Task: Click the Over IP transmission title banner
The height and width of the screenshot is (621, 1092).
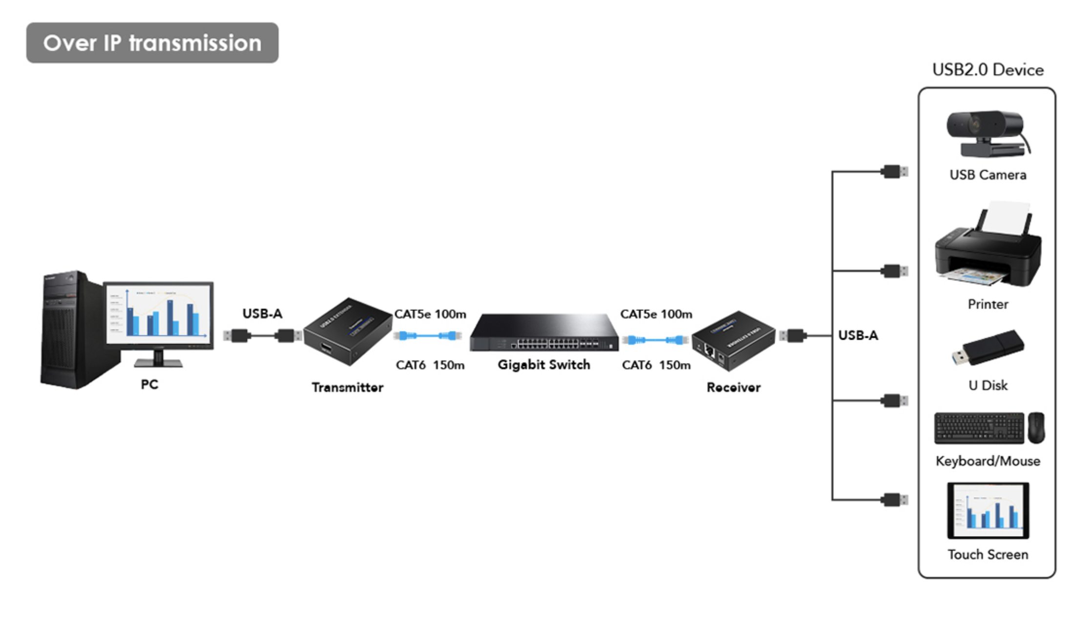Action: [152, 43]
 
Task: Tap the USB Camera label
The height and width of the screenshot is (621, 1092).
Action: [987, 175]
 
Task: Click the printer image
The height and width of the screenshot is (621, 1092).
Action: [987, 249]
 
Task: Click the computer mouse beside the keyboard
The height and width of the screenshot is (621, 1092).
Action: [1036, 428]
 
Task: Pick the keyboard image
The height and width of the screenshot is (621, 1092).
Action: [979, 428]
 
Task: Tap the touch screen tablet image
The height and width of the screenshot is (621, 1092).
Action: [987, 511]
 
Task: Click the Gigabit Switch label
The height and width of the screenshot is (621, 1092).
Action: [544, 365]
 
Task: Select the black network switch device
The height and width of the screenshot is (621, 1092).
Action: [544, 333]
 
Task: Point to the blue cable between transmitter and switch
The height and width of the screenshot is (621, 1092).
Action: [428, 335]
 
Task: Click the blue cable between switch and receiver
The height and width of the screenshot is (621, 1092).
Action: [655, 340]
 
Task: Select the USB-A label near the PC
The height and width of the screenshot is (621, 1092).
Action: [262, 313]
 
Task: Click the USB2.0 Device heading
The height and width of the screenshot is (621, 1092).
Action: [987, 70]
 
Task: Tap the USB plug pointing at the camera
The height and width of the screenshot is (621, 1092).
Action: [894, 172]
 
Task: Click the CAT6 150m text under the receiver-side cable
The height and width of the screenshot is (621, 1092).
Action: [656, 365]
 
